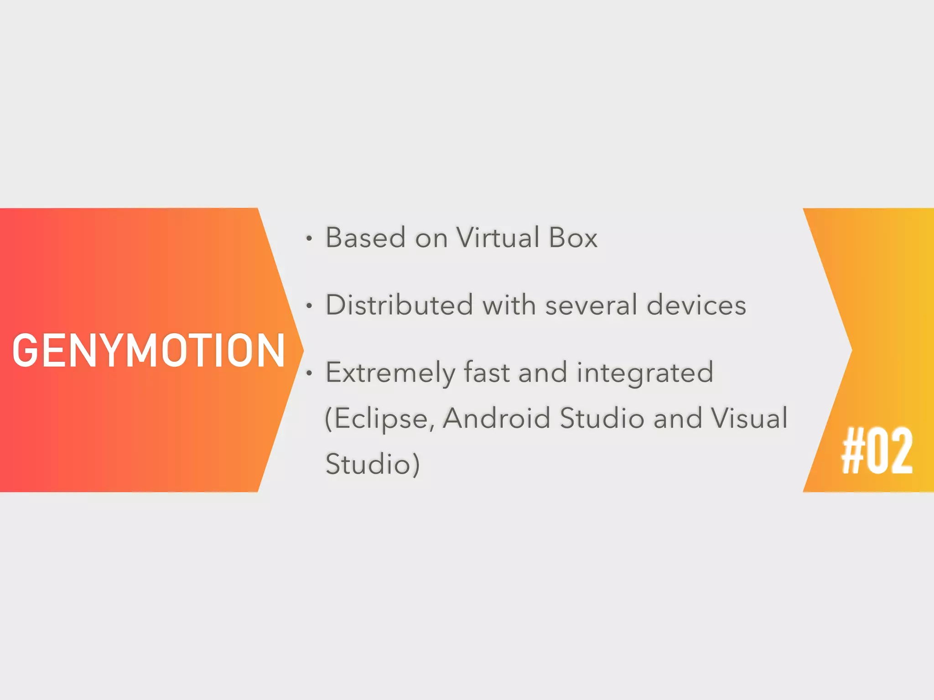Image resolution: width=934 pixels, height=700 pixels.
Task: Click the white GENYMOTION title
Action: click(x=149, y=350)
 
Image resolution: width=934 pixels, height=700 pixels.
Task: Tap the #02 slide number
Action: click(x=877, y=451)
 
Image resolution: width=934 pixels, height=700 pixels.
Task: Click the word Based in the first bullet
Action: click(x=365, y=237)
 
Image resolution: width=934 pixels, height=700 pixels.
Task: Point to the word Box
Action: click(x=573, y=237)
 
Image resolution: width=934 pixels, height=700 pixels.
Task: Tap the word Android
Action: click(x=496, y=418)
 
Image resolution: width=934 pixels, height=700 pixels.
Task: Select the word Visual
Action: click(x=749, y=418)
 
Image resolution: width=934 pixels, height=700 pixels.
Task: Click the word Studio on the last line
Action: click(x=368, y=464)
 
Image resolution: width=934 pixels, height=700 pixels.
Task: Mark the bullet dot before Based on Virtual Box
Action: click(x=309, y=238)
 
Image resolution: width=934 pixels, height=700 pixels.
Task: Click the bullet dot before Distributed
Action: click(x=309, y=306)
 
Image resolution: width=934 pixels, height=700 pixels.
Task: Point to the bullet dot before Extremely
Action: click(x=309, y=373)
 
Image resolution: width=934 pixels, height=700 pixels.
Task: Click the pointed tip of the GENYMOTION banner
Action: click(x=301, y=350)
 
